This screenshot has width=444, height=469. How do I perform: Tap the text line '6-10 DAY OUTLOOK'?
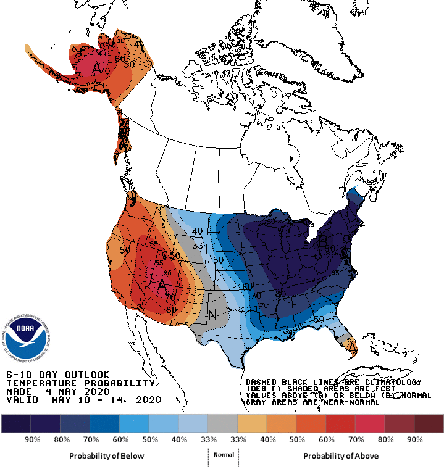coord(58,375)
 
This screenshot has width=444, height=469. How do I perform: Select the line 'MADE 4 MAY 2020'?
coord(58,391)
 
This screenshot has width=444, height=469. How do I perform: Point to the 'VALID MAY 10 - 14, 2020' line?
coord(84,400)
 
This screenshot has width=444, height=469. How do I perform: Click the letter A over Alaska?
coord(97,69)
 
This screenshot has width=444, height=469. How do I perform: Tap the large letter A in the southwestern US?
coord(162,284)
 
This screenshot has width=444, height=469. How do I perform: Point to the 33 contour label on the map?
coord(198,246)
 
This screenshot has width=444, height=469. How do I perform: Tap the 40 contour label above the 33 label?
coord(198,231)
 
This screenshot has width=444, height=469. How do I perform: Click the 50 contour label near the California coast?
coord(125,250)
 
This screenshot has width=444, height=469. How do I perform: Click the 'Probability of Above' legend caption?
coord(341,455)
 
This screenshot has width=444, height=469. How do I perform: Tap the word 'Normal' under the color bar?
coord(223,454)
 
